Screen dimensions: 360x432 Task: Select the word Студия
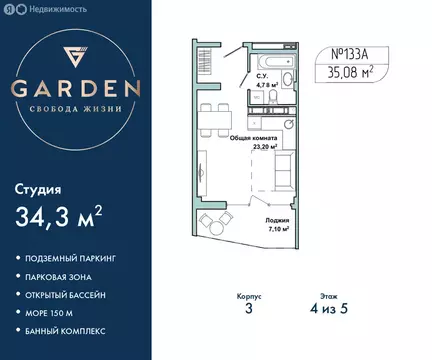click(39, 187)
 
